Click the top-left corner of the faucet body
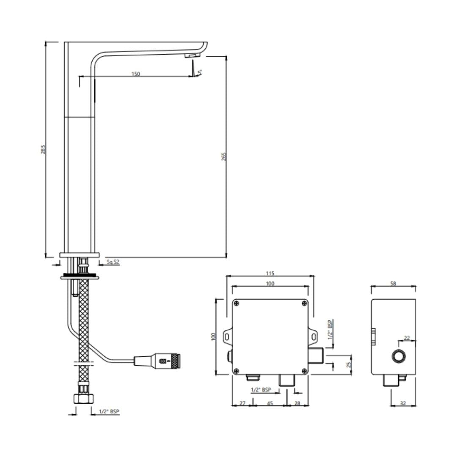[64, 42]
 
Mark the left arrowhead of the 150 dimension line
[81, 76]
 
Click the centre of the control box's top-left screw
[237, 303]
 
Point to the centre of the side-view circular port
[398, 356]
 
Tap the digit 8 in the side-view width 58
[395, 283]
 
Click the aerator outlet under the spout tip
[193, 56]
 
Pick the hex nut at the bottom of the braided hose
[84, 398]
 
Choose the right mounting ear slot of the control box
[314, 337]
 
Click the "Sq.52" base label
[113, 262]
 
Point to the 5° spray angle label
[200, 72]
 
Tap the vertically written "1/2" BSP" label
[330, 330]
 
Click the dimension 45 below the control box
[270, 403]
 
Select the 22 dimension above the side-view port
[407, 338]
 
